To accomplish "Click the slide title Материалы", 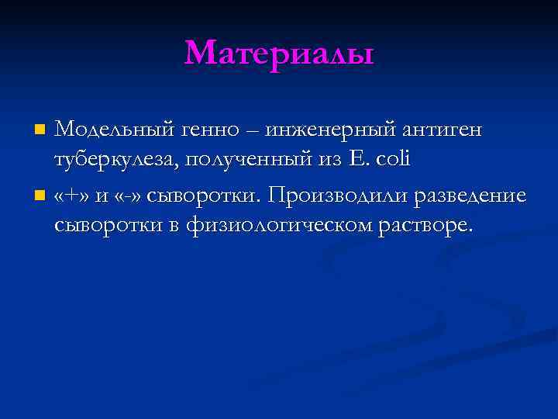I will tap(279, 54).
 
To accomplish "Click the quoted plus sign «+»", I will tap(72, 193).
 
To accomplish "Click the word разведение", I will tap(470, 193).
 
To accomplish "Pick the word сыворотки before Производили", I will tap(205, 193).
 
